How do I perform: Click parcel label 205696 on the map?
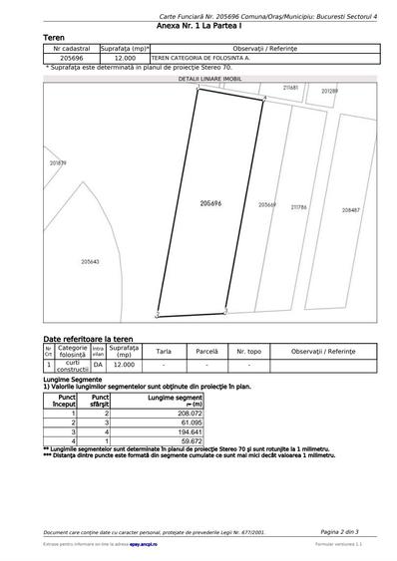[x=209, y=202]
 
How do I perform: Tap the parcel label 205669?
[x=267, y=204]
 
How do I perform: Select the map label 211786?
[x=298, y=207]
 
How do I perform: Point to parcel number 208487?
[x=351, y=210]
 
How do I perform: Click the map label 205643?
[x=90, y=261]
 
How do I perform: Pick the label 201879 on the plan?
[x=58, y=162]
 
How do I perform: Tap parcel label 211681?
[x=290, y=88]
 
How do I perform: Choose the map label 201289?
[x=329, y=91]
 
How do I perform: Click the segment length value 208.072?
[x=189, y=413]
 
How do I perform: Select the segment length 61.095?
[x=191, y=421]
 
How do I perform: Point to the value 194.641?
[x=189, y=431]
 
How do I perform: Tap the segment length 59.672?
[x=191, y=440]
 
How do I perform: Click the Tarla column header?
[x=164, y=351]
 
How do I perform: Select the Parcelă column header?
[x=206, y=351]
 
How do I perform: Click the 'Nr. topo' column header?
[x=248, y=351]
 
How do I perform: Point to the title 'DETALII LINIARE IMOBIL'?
[x=210, y=77]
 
